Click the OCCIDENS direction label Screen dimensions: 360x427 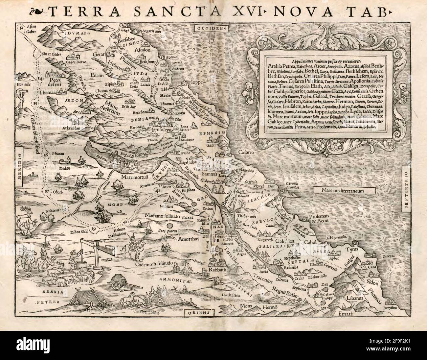[x=212, y=29]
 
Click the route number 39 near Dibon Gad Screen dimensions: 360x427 [x=94, y=229]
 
